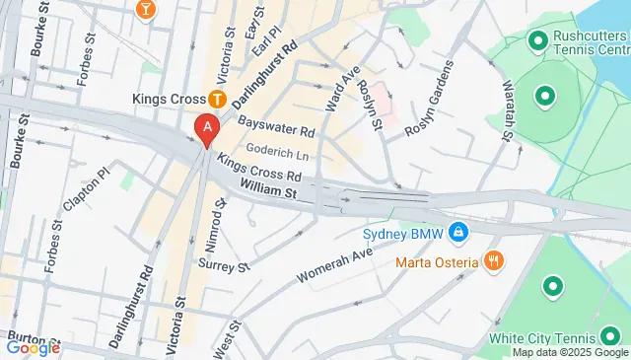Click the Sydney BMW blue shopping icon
coord(458,234)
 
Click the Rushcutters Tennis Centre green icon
coord(538,40)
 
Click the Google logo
coord(33,347)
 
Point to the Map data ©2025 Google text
coord(570,352)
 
